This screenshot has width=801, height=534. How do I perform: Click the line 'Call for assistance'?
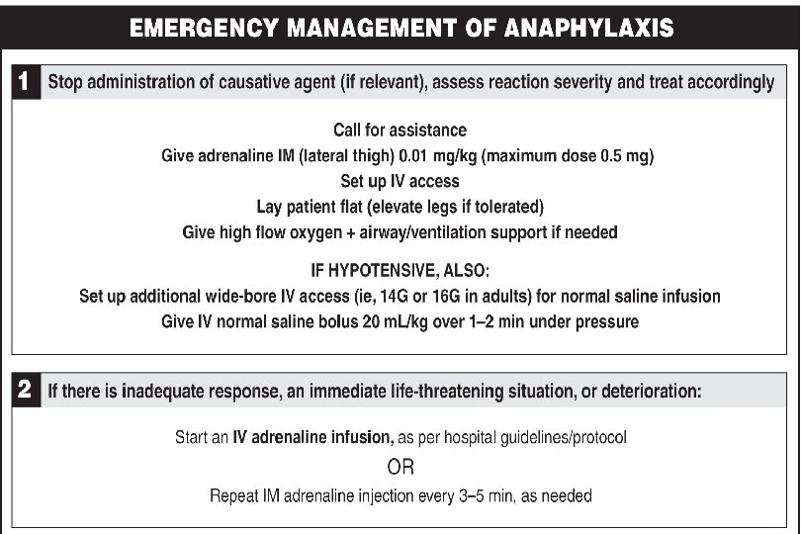(x=400, y=131)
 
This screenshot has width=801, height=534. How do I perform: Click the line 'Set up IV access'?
(x=400, y=182)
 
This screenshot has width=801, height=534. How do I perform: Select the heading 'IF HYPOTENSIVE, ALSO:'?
(x=400, y=270)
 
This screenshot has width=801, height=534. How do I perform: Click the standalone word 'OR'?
(x=400, y=466)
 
